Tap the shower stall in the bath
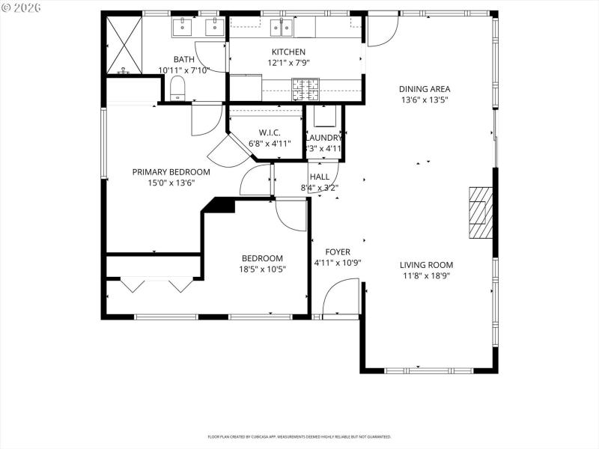click(124, 45)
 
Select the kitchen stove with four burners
click(305, 89)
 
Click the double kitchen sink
click(282, 28)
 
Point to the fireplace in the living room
click(480, 212)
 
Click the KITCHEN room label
click(288, 52)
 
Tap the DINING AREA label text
click(425, 89)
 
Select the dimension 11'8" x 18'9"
click(425, 275)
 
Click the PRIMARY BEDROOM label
click(171, 171)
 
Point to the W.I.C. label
click(270, 132)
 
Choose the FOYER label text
click(337, 252)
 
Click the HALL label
click(320, 177)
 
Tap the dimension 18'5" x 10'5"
click(262, 269)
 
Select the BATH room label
click(183, 59)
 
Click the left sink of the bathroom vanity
click(183, 28)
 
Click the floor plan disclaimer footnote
click(299, 436)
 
